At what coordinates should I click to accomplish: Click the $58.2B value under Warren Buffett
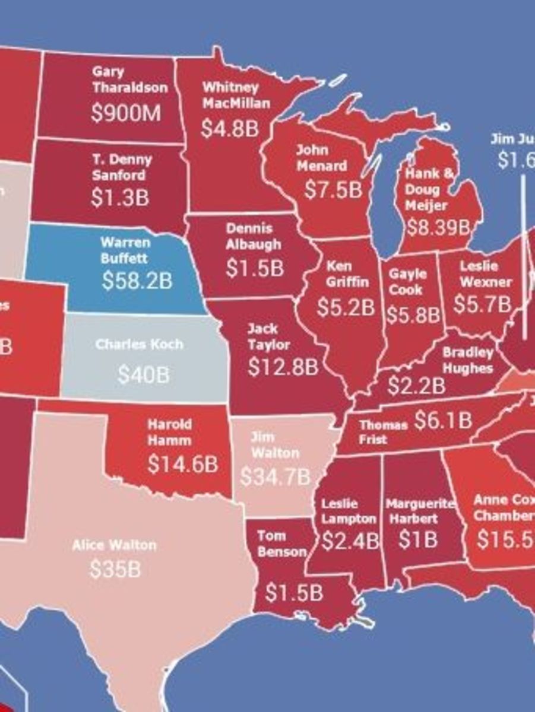pyautogui.click(x=137, y=281)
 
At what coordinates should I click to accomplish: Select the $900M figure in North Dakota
pyautogui.click(x=126, y=113)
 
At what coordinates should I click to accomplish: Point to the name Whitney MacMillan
pyautogui.click(x=236, y=95)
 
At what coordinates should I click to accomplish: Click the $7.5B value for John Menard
pyautogui.click(x=333, y=190)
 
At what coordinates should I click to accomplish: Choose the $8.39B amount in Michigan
pyautogui.click(x=438, y=227)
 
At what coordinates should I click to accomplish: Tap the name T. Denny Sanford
pyautogui.click(x=122, y=167)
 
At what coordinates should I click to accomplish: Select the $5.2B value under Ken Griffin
pyautogui.click(x=346, y=307)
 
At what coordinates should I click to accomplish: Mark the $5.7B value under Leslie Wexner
pyautogui.click(x=482, y=304)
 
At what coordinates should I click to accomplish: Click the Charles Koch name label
pyautogui.click(x=140, y=345)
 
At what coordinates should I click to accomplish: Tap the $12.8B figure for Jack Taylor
pyautogui.click(x=283, y=367)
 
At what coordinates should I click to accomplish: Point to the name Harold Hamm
pyautogui.click(x=170, y=433)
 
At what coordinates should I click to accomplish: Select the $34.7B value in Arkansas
pyautogui.click(x=275, y=476)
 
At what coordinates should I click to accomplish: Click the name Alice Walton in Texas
pyautogui.click(x=114, y=545)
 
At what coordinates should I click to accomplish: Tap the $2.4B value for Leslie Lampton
pyautogui.click(x=350, y=541)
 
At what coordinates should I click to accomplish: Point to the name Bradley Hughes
pyautogui.click(x=467, y=361)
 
